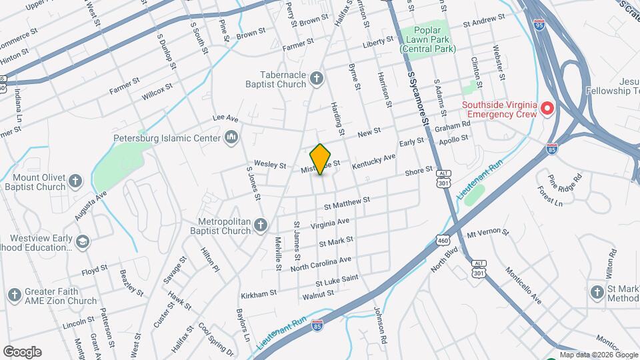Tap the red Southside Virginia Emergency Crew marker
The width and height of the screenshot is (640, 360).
[x=547, y=107]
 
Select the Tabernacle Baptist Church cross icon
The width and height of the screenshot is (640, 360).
[x=317, y=79]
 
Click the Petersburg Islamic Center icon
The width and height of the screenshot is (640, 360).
[x=232, y=137]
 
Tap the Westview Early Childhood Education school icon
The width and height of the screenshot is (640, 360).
[x=83, y=242]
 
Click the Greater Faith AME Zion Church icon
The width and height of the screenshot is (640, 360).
[x=14, y=294]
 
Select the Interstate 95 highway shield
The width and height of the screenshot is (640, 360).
[x=539, y=24]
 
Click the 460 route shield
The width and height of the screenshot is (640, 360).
[x=443, y=239]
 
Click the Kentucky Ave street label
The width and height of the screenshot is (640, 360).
[x=374, y=161]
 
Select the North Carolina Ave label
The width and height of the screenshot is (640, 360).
[x=321, y=263]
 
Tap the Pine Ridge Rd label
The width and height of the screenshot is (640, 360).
[x=565, y=181]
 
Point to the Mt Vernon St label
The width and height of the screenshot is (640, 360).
[x=487, y=233]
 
